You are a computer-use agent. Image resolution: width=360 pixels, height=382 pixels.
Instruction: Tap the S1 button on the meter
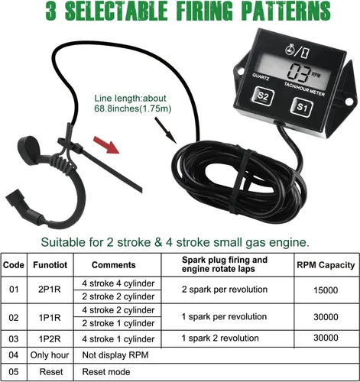point(301,107)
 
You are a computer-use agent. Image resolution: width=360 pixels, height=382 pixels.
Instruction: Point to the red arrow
point(106,144)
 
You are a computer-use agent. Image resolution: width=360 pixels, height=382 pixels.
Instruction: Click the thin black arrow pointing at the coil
point(165,130)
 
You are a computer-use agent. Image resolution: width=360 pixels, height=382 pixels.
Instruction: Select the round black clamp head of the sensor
point(28,150)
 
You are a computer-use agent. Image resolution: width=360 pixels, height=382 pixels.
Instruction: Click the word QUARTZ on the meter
point(261,77)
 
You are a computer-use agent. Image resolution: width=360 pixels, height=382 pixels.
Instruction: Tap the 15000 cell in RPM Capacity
point(326,290)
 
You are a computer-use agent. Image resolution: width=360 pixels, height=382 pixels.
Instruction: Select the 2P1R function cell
point(50,290)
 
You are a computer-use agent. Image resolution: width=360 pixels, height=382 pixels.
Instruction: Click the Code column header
point(14,265)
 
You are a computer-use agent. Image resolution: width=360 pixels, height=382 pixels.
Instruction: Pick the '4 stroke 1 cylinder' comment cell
point(118,339)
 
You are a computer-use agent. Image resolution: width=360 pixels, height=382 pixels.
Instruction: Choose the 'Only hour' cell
point(50,355)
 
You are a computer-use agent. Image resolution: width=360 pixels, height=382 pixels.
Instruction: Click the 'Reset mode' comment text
point(106,372)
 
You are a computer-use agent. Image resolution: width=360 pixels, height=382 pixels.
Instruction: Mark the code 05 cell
point(14,372)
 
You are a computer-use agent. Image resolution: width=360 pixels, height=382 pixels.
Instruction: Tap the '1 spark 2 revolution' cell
point(220,338)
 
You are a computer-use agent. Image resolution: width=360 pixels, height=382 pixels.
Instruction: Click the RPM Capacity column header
point(326,265)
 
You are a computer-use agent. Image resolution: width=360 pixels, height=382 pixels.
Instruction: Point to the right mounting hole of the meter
point(349,102)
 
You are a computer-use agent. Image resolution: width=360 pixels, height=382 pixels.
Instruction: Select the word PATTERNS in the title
point(286,11)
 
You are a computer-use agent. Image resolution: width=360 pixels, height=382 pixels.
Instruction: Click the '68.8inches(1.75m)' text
point(133,108)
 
